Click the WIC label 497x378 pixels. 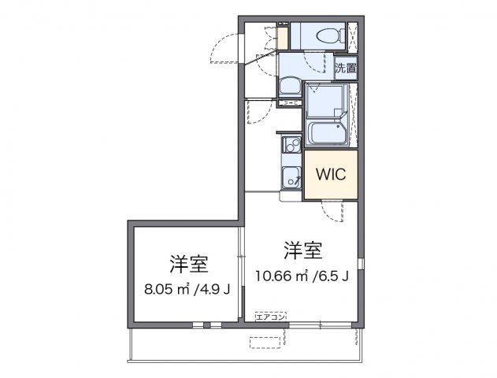331,175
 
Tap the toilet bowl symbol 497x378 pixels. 325,35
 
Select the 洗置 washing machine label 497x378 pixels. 345,68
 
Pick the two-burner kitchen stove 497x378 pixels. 291,145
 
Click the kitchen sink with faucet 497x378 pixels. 291,177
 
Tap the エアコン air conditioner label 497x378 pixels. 271,316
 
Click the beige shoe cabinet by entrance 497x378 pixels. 282,36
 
